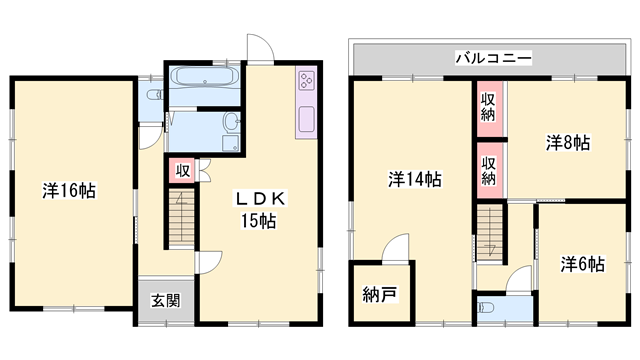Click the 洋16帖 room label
click(x=69, y=190)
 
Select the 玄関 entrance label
click(x=165, y=301)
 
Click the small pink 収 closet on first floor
click(x=183, y=170)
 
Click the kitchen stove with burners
click(x=305, y=83)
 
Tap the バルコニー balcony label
click(x=493, y=58)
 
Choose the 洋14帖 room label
click(x=415, y=180)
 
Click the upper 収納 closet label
click(x=488, y=106)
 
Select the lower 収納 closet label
click(x=488, y=170)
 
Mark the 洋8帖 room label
click(x=567, y=142)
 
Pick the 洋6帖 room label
click(x=582, y=264)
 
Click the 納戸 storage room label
click(x=379, y=295)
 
